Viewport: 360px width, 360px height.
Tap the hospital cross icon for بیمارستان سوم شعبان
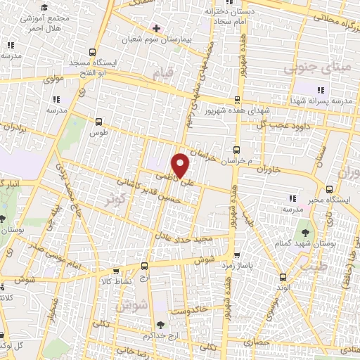(155, 28)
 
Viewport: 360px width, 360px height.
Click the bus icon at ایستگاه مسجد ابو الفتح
(93, 52)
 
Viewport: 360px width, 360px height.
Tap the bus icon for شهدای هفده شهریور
(237, 99)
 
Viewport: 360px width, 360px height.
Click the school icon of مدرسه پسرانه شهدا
(321, 90)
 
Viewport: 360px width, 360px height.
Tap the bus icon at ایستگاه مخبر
(330, 188)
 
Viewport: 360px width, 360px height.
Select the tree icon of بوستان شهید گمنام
(305, 231)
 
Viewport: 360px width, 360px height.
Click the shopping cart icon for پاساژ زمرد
(237, 255)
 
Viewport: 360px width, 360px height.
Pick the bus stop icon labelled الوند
(282, 276)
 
